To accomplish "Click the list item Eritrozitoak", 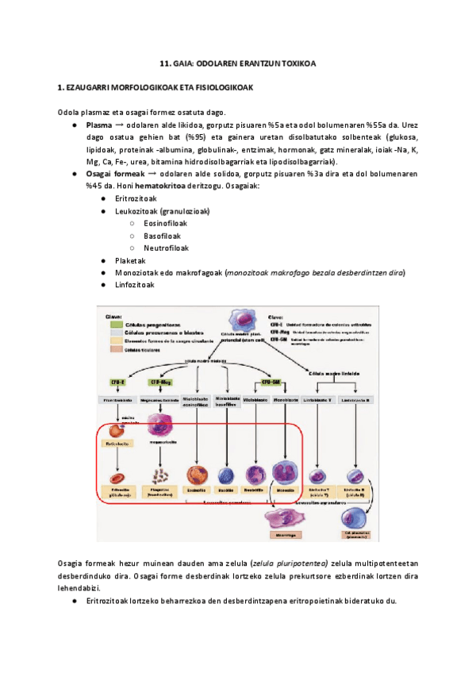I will coord(136,198).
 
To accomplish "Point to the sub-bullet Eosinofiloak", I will coord(165,223).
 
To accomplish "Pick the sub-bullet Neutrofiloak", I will coord(166,248).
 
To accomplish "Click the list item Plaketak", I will coord(130,260).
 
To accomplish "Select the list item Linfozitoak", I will coord(135,285).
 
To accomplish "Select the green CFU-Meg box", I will coord(160,382).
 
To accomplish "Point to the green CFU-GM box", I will coord(273,382).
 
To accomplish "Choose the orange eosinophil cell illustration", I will coord(195,475).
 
